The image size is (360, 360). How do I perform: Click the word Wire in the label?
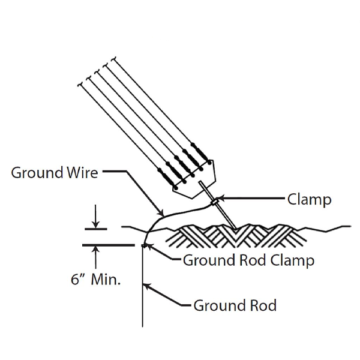(x=82, y=173)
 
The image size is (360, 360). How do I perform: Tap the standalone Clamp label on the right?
(x=309, y=200)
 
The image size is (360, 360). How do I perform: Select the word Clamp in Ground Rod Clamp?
(x=292, y=260)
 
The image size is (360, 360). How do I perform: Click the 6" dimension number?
(x=77, y=280)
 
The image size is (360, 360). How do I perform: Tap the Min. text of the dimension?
(x=106, y=280)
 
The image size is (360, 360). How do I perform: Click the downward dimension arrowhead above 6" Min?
(x=95, y=224)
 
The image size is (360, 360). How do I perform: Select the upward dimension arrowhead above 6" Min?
(x=95, y=250)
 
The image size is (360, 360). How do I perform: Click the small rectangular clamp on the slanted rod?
(x=215, y=203)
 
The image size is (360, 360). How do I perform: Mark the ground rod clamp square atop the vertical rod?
(x=144, y=245)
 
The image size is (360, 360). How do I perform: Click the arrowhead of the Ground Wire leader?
(x=161, y=213)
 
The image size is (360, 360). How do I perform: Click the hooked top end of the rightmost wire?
(x=114, y=59)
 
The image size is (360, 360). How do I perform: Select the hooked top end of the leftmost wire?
(x=80, y=85)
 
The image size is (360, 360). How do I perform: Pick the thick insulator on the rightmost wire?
(x=199, y=152)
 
